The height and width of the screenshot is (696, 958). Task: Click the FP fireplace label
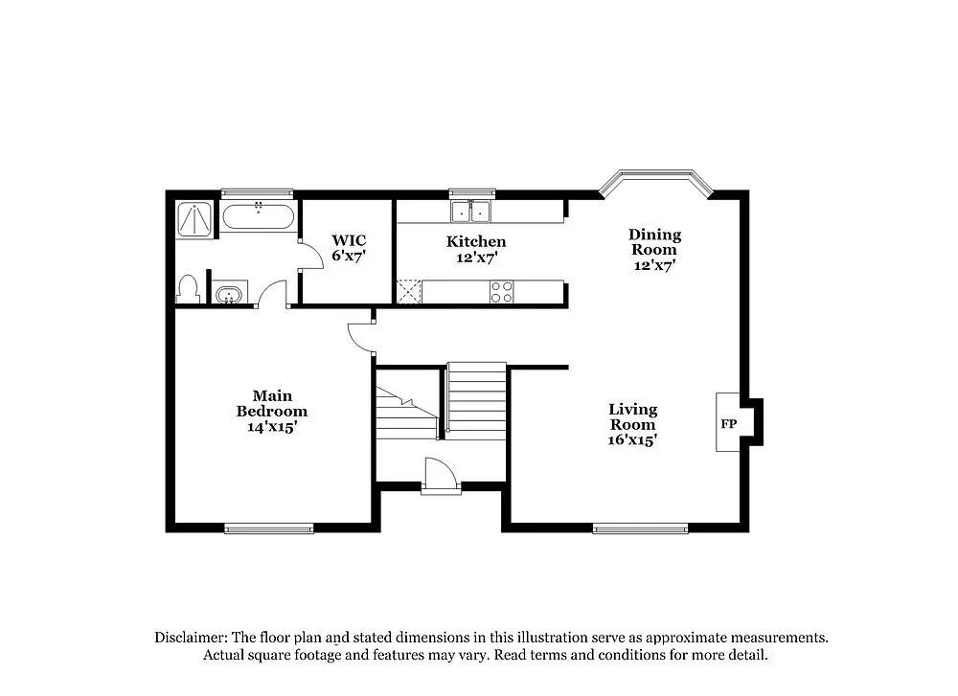coord(728,422)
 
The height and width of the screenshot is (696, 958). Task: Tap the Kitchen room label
coord(476,241)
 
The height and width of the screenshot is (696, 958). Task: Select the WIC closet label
coord(349,240)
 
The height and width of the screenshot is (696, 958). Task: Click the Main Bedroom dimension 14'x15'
coord(272,427)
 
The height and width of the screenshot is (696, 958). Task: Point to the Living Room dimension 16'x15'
coord(632,440)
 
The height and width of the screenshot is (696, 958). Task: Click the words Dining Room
coord(654,241)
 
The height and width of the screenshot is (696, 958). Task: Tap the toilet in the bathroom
coord(188,289)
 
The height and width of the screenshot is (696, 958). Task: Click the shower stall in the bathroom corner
coord(196,219)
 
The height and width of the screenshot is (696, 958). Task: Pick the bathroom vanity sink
coord(229,293)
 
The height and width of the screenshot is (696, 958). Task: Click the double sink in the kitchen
coord(471,212)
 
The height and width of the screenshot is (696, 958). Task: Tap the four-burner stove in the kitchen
coord(501,292)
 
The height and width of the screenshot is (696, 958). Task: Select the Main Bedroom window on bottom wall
coord(269,528)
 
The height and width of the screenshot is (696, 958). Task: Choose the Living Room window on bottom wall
coord(640,528)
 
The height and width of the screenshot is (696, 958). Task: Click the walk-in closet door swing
coord(310,256)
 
